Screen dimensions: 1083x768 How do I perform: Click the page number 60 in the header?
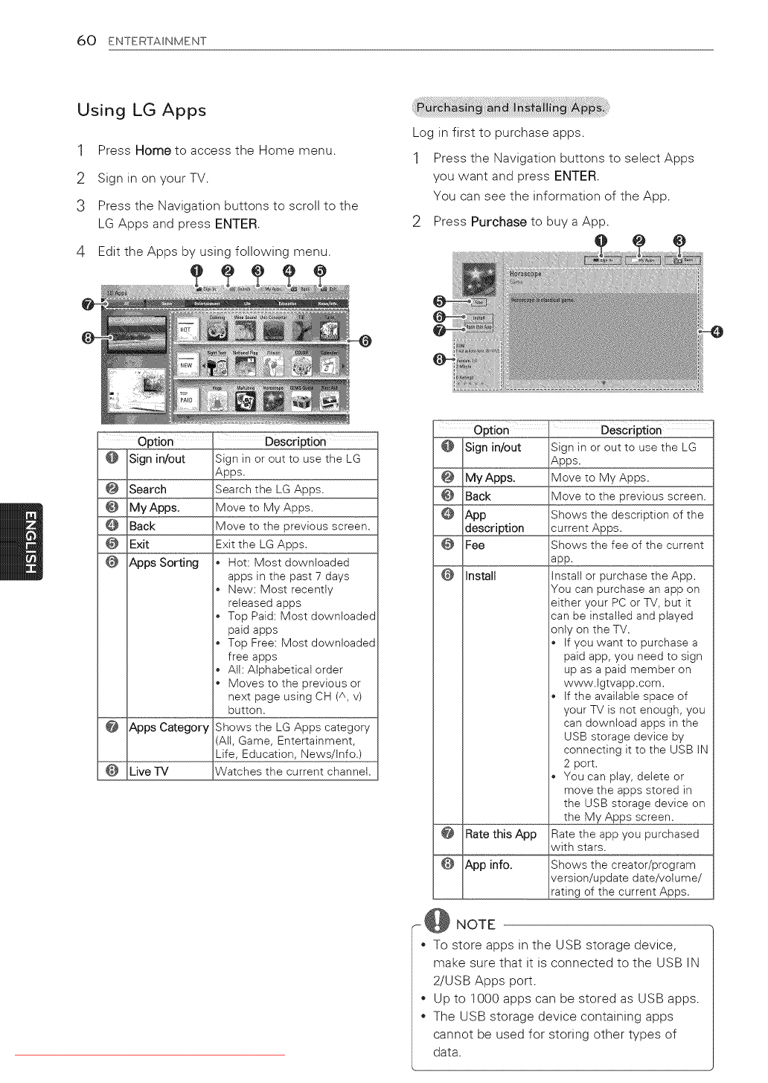click(x=86, y=40)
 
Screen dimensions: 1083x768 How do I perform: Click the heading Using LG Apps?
click(x=141, y=110)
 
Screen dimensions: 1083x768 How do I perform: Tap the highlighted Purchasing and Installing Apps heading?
click(x=511, y=108)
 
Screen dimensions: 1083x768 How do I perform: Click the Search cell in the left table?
click(x=147, y=489)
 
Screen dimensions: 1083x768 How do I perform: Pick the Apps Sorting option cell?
click(x=164, y=563)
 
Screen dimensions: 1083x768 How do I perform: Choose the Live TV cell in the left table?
click(x=149, y=771)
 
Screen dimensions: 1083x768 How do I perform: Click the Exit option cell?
click(x=139, y=544)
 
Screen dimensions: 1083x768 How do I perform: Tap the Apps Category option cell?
click(x=169, y=727)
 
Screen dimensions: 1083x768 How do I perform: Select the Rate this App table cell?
click(x=500, y=835)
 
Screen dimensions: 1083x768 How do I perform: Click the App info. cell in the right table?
click(x=488, y=865)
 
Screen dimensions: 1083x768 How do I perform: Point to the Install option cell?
click(x=481, y=576)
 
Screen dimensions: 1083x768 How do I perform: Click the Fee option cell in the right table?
click(x=475, y=545)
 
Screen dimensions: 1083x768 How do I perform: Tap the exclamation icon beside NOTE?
click(x=437, y=921)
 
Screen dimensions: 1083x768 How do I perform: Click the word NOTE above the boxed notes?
click(x=476, y=925)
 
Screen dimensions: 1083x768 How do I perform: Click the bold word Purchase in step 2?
click(x=499, y=222)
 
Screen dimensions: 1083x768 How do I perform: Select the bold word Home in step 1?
click(x=153, y=150)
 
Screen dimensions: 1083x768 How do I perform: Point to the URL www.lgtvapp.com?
click(x=613, y=683)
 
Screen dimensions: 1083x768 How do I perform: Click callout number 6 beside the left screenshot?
click(x=365, y=341)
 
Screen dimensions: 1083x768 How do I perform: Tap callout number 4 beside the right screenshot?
click(x=717, y=332)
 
